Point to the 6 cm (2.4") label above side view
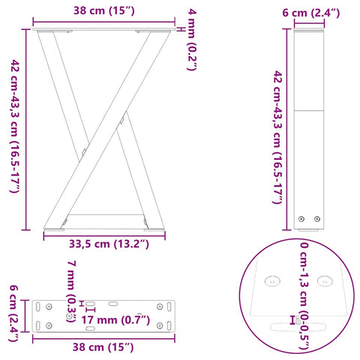coord(311,13)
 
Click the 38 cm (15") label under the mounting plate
coord(103,346)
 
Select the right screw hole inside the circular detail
coord(325,281)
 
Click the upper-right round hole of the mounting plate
coord(161,306)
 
